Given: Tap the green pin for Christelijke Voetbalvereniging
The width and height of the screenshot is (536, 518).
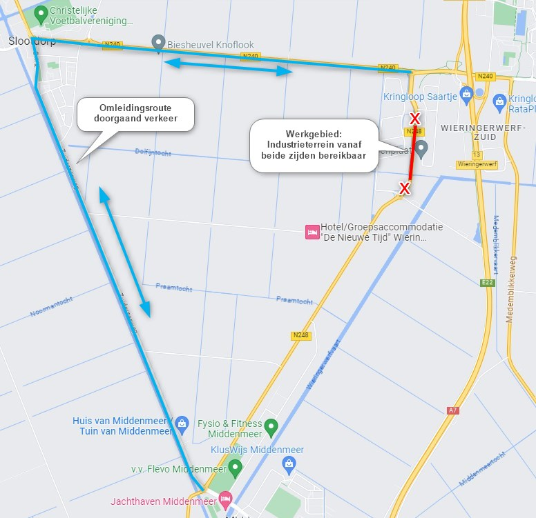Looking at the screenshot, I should pyautogui.click(x=41, y=12).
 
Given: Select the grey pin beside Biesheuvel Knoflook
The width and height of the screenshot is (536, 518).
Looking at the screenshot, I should pyautogui.click(x=158, y=41).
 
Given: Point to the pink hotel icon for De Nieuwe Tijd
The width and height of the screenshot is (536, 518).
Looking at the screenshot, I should pyautogui.click(x=312, y=232).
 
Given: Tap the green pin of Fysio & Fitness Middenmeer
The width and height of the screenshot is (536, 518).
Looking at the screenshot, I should pyautogui.click(x=271, y=428).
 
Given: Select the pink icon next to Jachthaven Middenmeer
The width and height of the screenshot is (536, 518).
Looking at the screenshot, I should pyautogui.click(x=224, y=498).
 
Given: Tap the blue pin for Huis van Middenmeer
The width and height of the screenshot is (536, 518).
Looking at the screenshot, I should pyautogui.click(x=182, y=421).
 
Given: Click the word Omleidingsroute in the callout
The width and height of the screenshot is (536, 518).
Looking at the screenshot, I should pyautogui.click(x=135, y=108).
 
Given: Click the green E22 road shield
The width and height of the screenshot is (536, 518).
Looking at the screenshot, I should pyautogui.click(x=488, y=282).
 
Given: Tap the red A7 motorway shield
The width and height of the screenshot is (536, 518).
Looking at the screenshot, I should pyautogui.click(x=452, y=410).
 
